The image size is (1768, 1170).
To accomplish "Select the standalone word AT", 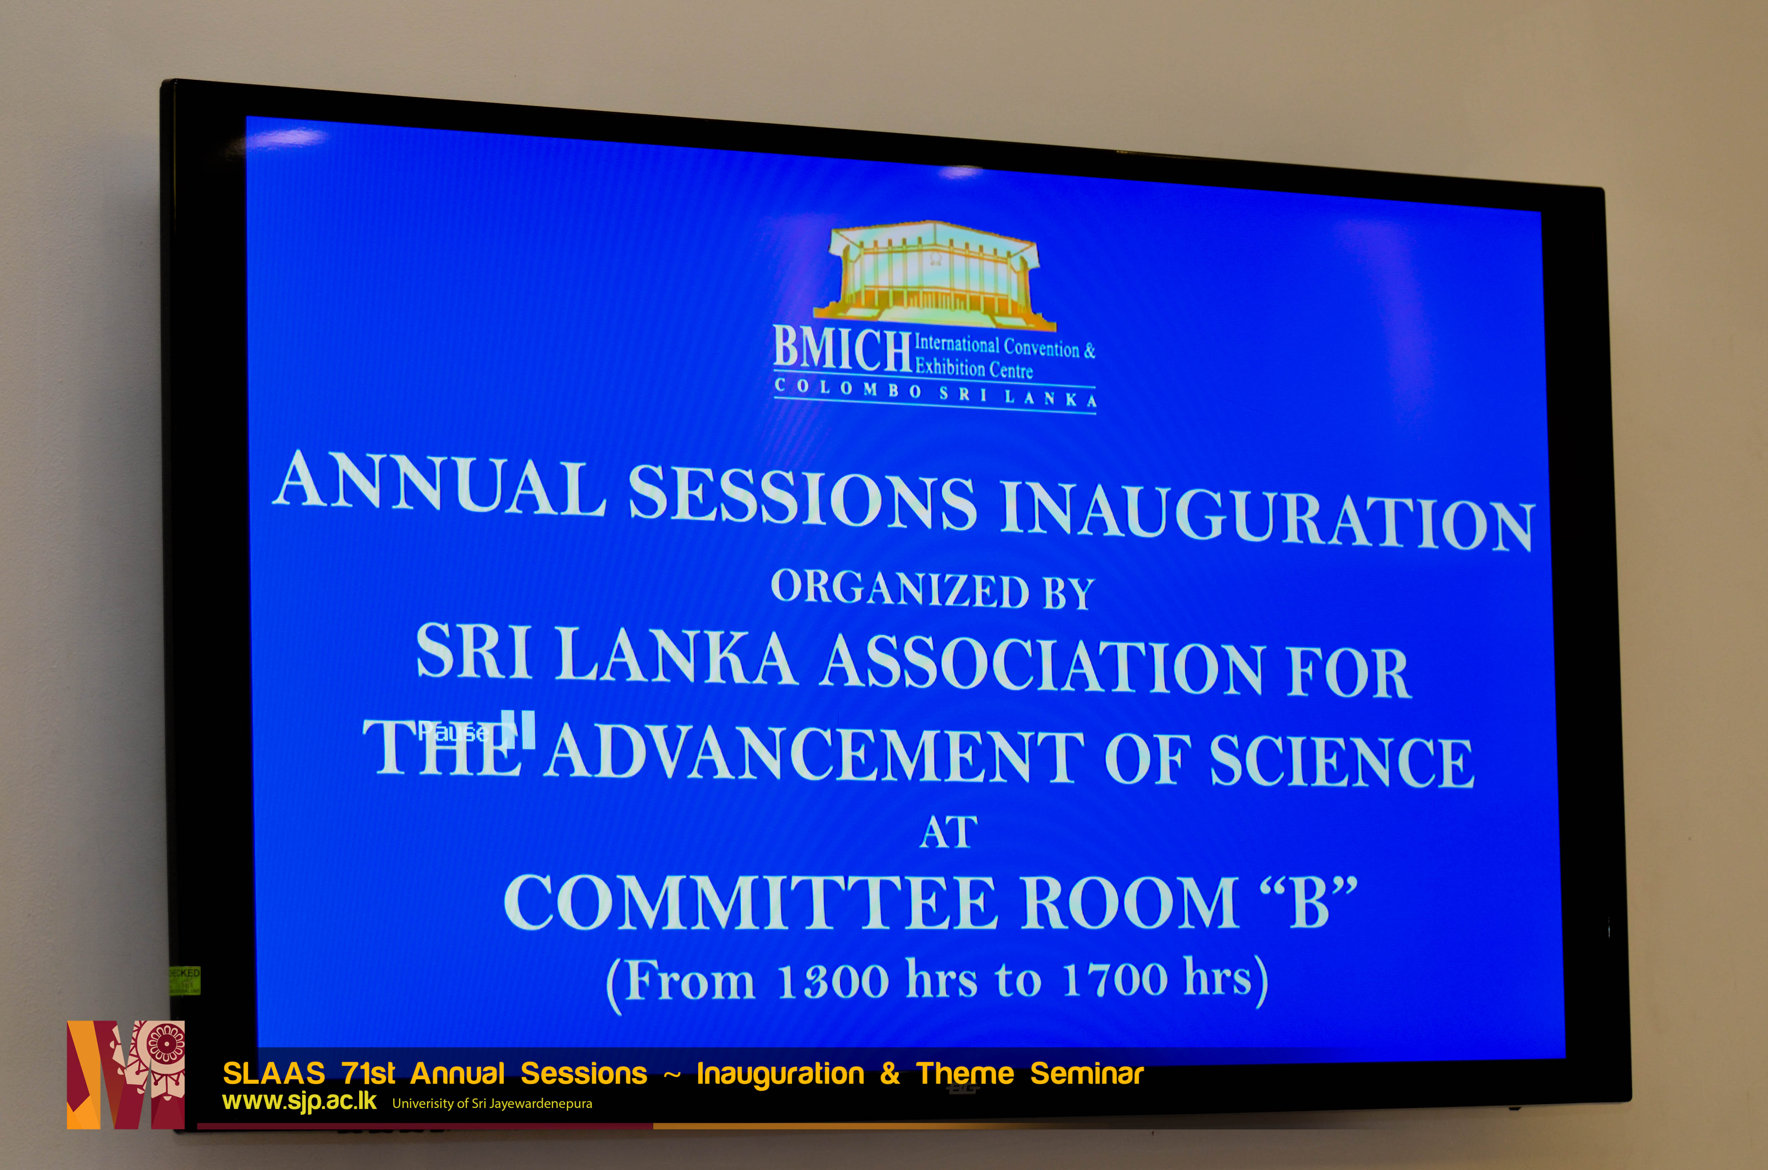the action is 948,832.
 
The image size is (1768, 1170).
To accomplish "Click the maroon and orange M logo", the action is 126,1075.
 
